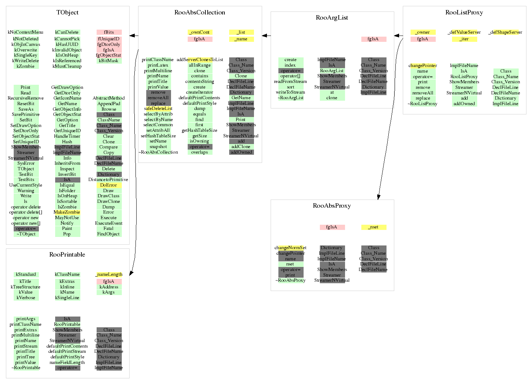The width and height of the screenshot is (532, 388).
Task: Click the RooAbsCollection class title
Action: coord(200,13)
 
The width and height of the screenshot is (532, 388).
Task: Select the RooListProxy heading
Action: coord(464,13)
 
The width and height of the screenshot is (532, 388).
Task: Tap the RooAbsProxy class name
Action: coord(332,206)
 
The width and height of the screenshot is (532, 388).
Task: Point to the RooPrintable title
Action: coord(67,255)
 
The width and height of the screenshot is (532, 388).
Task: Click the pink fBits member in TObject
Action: coord(109,32)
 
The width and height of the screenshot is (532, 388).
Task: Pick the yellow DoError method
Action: coord(108,185)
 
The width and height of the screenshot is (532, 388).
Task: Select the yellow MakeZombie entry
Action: coord(67,213)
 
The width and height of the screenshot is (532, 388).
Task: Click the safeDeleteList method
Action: coord(158,109)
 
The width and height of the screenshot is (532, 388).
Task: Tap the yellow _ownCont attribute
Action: coord(200,32)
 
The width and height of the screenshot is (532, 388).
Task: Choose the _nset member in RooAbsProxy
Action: coord(374,227)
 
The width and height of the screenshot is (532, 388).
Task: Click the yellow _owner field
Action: coord(423,32)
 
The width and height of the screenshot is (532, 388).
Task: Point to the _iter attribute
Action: coord(464,39)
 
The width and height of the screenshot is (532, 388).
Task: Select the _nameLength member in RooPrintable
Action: coord(109,275)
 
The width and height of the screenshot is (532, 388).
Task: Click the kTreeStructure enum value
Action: coord(26,287)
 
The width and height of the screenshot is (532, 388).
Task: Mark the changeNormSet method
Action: coord(291,248)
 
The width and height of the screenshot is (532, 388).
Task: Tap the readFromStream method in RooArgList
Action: coord(291,81)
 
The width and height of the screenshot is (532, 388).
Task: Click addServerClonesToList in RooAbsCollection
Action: coord(200,60)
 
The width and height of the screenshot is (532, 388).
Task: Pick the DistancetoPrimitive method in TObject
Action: coord(108,180)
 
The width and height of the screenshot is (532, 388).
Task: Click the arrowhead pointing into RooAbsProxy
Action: coord(378,197)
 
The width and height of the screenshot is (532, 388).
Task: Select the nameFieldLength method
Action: coord(67,362)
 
